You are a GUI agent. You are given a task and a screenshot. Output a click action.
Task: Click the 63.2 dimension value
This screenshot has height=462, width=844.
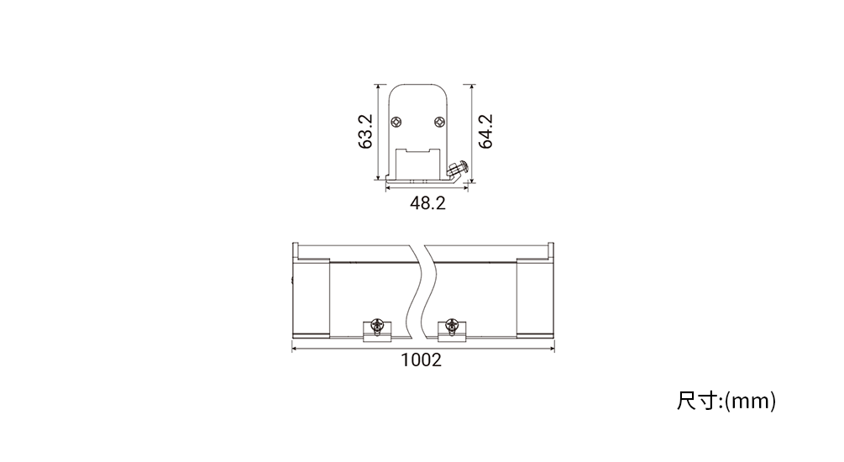(365, 131)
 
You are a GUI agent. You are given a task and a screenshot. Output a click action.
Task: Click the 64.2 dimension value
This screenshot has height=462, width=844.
(485, 131)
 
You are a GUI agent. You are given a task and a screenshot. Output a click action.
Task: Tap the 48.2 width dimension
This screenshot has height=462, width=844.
(428, 203)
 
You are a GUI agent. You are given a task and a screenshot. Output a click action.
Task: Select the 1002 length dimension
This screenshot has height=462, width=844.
(422, 360)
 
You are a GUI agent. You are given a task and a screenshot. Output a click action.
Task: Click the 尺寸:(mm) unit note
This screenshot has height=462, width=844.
(726, 402)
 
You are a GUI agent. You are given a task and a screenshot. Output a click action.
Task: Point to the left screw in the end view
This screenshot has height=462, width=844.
(396, 123)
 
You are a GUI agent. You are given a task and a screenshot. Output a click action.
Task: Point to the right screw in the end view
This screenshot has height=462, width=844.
(440, 123)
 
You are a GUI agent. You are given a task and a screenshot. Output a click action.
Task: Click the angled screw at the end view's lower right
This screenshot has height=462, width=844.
(457, 169)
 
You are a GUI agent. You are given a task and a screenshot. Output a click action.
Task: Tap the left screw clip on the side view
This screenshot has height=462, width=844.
(377, 330)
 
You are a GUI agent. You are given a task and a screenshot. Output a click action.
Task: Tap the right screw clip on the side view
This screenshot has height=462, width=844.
(452, 330)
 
